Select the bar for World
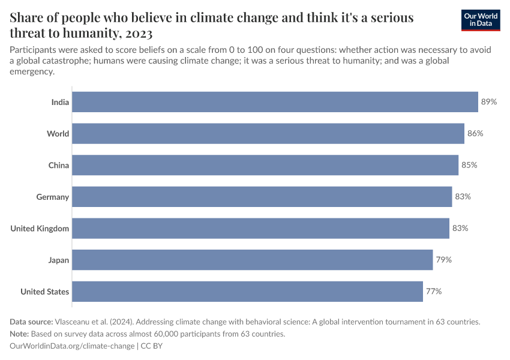pos(268,133)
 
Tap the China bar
pos(265,165)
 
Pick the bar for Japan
pos(253,260)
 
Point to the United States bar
pos(247,292)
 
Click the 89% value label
pos(489,102)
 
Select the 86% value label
pos(475,133)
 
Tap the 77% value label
pos(434,292)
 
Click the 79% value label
pos(444,260)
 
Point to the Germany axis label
pos(53,197)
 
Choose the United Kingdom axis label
pos(40,229)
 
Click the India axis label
pos(60,102)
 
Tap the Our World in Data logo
pos(481,20)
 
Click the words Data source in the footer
pos(31,322)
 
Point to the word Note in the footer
pos(20,334)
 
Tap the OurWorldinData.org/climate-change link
pos(72,346)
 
